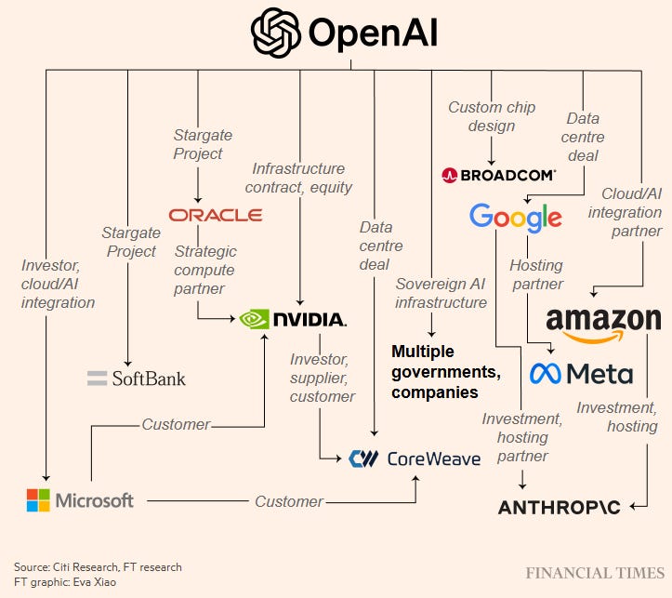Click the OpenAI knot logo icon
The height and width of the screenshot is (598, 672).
276,33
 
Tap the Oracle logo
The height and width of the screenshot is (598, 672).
216,215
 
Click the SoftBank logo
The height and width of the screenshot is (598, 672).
137,379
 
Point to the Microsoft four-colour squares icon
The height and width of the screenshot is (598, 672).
38,500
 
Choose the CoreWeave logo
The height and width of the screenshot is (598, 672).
415,458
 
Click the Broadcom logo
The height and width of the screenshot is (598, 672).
499,174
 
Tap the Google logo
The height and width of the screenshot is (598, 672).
516,218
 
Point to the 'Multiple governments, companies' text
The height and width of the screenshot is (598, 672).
446,372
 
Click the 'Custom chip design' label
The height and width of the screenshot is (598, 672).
493,118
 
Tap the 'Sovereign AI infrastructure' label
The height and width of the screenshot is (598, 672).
441,293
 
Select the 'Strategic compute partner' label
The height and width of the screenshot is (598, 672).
205,270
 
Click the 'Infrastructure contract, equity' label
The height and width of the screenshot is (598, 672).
302,179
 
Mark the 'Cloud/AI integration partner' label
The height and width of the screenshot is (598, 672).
632,212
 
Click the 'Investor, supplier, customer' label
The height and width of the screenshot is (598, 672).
323,378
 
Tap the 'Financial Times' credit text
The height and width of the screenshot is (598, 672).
593,573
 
